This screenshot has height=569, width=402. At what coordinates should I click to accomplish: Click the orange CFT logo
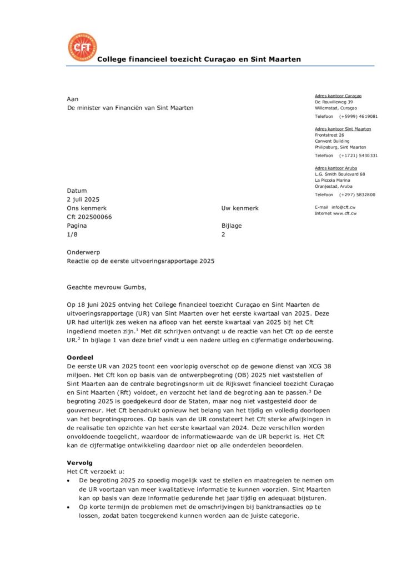82,48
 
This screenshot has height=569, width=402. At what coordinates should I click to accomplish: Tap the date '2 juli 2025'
83,199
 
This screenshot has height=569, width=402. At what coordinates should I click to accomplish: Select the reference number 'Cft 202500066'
89,217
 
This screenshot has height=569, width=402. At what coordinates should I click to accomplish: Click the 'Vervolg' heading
79,462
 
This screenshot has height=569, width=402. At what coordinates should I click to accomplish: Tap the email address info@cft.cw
344,207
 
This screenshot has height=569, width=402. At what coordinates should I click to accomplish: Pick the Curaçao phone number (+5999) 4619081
359,117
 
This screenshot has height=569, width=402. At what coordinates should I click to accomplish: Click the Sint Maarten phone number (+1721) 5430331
359,156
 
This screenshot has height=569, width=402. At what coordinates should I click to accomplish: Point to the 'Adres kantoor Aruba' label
336,168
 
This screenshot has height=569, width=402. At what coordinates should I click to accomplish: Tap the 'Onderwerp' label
83,252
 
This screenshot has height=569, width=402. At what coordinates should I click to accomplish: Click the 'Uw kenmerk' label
240,208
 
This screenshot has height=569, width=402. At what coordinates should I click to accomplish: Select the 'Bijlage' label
232,226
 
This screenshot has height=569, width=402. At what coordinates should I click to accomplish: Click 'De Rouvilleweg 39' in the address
334,102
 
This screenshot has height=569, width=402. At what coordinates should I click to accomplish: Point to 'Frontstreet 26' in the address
329,135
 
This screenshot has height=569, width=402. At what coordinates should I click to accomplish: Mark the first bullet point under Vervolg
68,479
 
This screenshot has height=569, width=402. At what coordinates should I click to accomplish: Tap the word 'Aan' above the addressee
73,99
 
